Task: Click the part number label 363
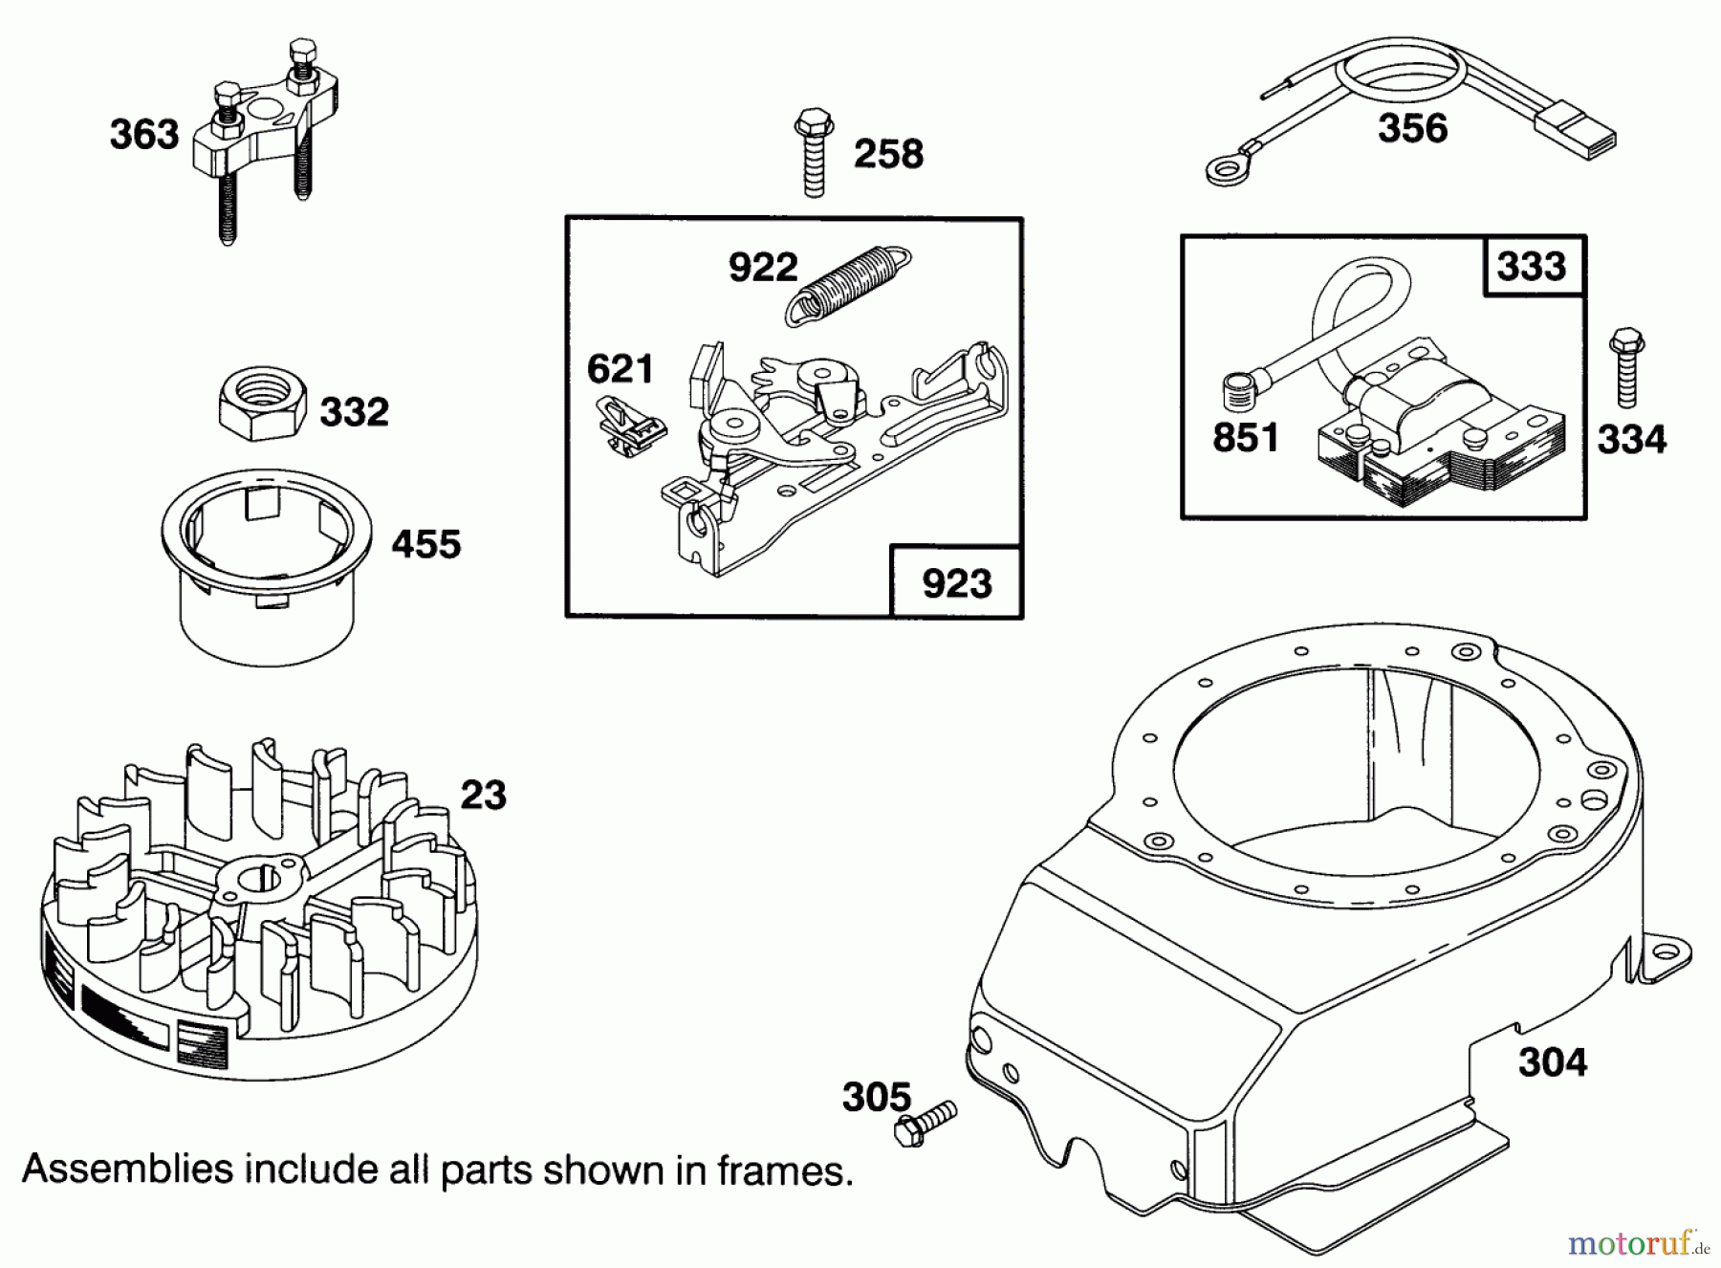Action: tap(144, 135)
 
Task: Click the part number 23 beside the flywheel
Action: tap(483, 795)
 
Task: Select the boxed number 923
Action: tap(956, 582)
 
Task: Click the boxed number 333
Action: tap(1531, 266)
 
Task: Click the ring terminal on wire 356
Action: tap(1220, 170)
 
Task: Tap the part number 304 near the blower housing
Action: tap(1552, 1062)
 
